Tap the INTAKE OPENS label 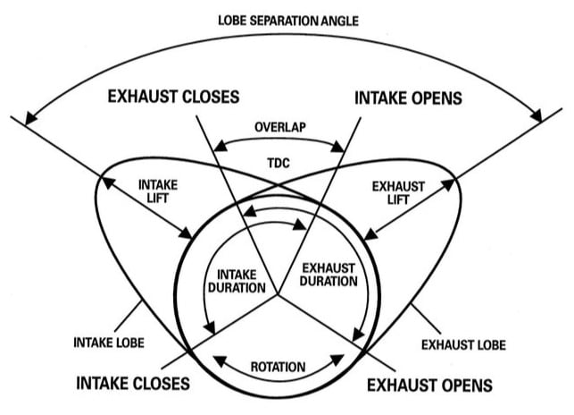pyautogui.click(x=407, y=96)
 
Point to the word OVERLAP pyautogui.click(x=280, y=127)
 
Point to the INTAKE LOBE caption pyautogui.click(x=110, y=342)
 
